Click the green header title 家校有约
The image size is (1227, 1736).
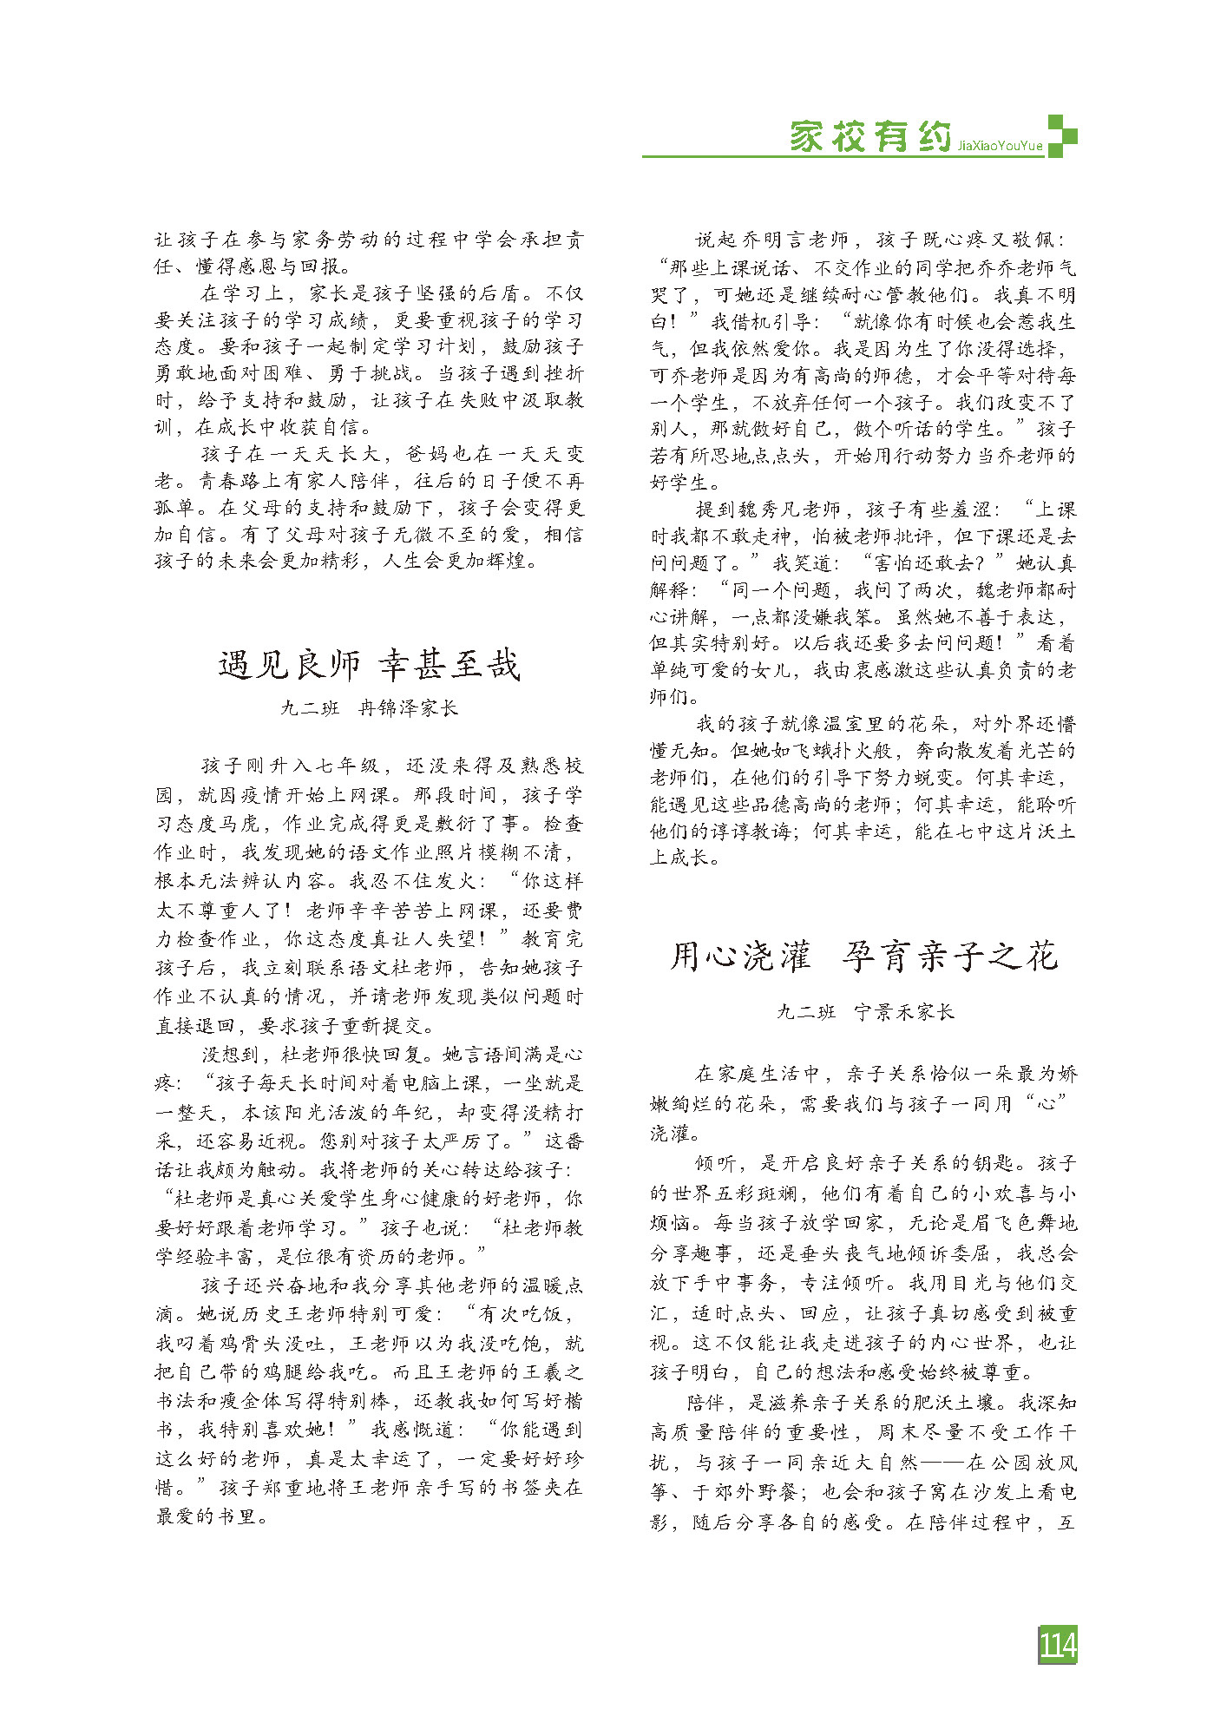pyautogui.click(x=869, y=136)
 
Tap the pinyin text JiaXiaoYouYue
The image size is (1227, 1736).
pyautogui.click(x=1000, y=147)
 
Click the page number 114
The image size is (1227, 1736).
pyautogui.click(x=1057, y=1645)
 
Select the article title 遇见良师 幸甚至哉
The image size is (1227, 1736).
pyautogui.click(x=369, y=665)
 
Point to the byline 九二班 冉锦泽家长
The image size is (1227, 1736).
pyautogui.click(x=369, y=708)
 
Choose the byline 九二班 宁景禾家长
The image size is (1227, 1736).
pyautogui.click(x=864, y=1011)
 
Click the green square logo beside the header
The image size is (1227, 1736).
pyautogui.click(x=1061, y=135)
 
